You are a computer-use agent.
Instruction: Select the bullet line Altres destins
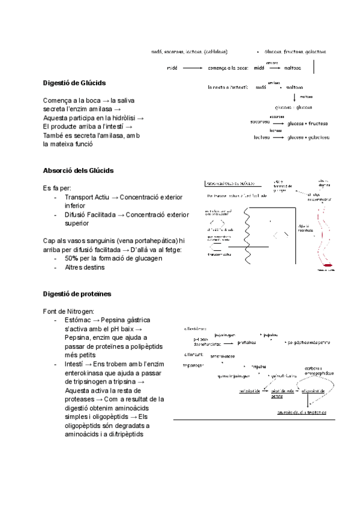tap(85, 267)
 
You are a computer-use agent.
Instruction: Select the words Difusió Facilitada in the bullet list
tap(91, 214)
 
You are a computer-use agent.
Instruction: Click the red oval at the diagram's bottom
tap(328, 264)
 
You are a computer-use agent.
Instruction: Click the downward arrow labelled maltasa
tap(295, 97)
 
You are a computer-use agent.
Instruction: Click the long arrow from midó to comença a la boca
tap(191, 68)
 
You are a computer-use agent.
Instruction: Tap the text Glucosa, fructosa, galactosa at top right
tap(296, 52)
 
